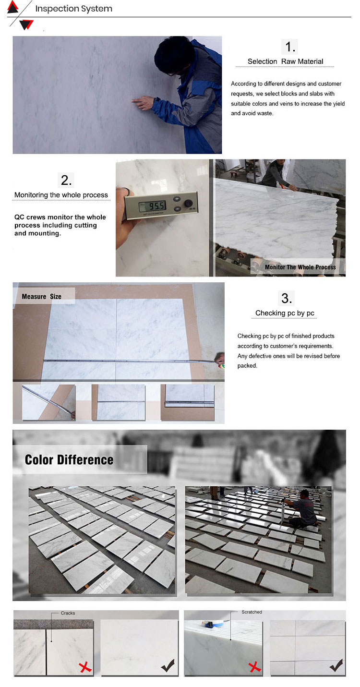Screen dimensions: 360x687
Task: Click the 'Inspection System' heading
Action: point(73,9)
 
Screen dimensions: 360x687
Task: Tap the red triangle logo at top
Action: point(12,7)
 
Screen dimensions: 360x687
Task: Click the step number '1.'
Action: point(290,47)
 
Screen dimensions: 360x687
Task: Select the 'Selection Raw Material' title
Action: point(285,61)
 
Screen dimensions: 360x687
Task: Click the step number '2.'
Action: point(66,180)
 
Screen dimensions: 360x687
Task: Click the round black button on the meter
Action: point(188,203)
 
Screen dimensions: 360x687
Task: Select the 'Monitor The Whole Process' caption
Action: point(300,267)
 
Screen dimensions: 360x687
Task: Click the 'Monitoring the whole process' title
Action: point(61,195)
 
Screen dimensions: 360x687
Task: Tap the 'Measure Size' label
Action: point(41,297)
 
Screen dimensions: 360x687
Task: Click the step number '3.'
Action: point(287,299)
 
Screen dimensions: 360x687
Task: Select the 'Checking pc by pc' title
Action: point(285,313)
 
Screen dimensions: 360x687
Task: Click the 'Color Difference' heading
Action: point(69,460)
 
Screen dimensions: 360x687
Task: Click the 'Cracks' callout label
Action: point(68,613)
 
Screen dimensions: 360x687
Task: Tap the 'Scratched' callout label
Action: point(252,612)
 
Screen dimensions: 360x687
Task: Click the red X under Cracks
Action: point(85,667)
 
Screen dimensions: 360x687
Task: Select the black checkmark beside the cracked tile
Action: point(168,665)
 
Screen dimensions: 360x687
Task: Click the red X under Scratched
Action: point(254,667)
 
